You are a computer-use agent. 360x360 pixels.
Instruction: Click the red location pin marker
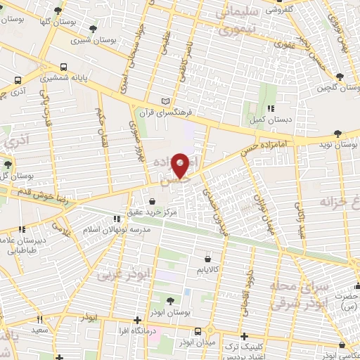point(181,164)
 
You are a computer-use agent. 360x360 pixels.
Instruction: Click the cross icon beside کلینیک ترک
point(244,336)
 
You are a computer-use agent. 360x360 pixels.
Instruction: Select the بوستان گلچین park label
point(332,87)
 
